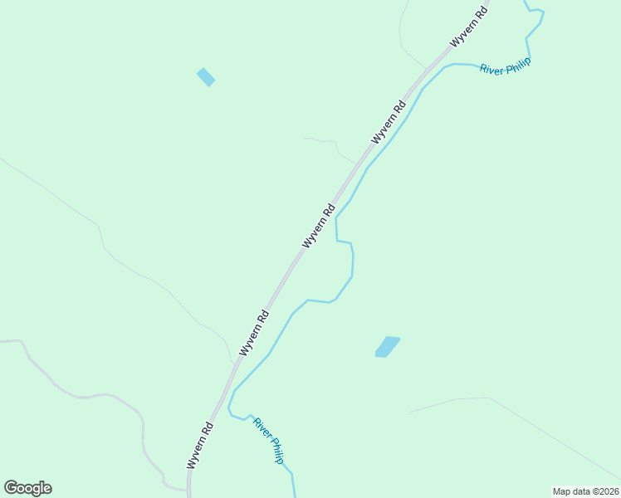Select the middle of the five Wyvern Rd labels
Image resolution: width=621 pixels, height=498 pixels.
319,225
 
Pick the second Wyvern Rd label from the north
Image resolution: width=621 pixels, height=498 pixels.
389,122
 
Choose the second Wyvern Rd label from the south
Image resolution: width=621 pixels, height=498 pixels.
254,333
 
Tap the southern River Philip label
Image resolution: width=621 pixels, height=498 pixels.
269,440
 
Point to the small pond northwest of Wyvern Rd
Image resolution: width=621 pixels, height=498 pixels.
206,77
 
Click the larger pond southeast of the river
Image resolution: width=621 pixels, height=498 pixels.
387,347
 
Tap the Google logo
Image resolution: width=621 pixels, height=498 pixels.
28,488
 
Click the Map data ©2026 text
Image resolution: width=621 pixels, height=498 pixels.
584,491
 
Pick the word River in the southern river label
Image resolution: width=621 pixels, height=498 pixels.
262,427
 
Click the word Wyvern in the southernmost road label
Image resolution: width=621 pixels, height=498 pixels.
197,454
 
